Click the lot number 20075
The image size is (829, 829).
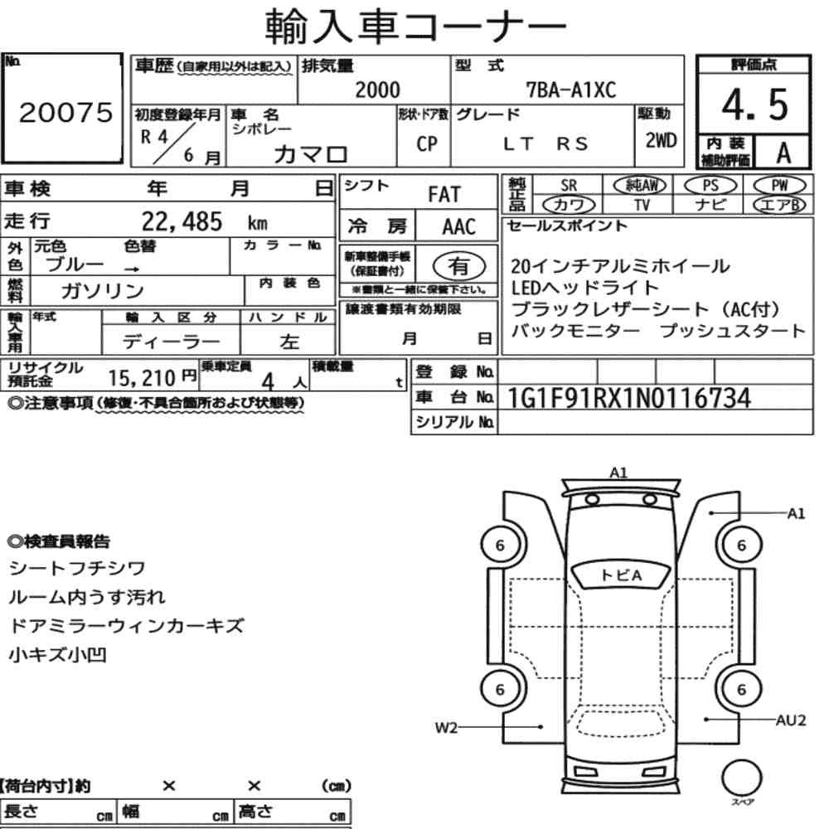coord(65,112)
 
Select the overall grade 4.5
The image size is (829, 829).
coord(755,104)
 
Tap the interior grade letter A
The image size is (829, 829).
coord(783,153)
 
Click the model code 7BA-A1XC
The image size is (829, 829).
coord(571,90)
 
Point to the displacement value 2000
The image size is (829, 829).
coord(377,90)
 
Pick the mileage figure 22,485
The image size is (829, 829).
coord(182,221)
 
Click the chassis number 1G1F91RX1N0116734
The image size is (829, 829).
coord(629,398)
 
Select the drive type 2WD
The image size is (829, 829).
coord(661,141)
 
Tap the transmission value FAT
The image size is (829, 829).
coord(444,194)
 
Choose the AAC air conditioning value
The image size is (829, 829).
coord(459,227)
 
